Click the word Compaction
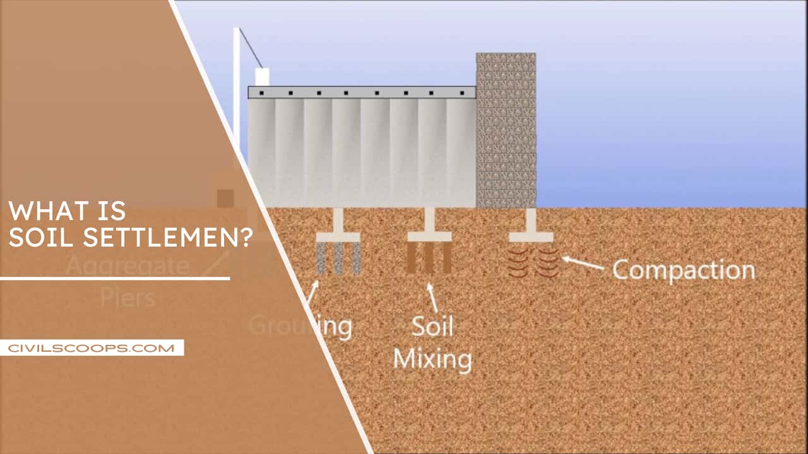[683, 270]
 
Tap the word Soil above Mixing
[432, 326]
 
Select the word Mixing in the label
[432, 359]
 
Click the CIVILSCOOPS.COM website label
[92, 347]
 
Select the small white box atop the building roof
[262, 77]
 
